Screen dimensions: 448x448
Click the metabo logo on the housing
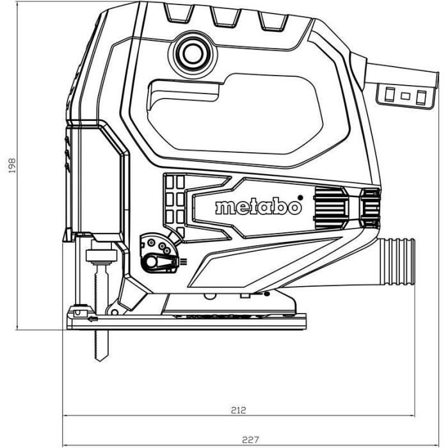[x=257, y=207]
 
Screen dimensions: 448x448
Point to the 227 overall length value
[x=250, y=440]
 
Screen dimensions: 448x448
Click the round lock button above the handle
[x=190, y=54]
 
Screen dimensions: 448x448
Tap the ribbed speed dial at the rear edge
[x=370, y=208]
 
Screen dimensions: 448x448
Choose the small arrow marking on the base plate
[x=93, y=318]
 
